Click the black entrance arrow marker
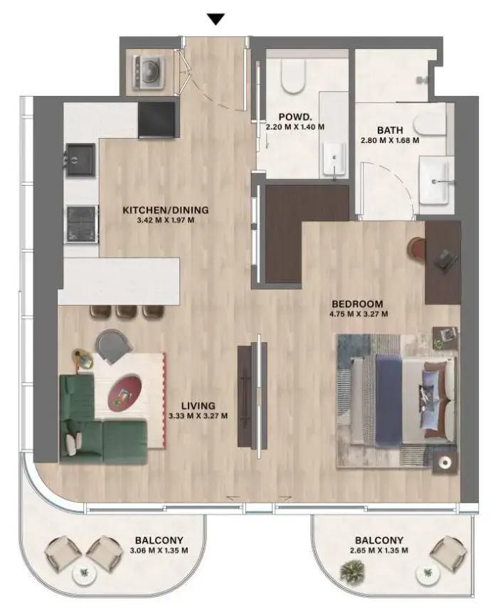point(216,19)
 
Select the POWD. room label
point(293,117)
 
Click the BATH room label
point(391,130)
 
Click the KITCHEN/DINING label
point(166,210)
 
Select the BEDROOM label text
point(357,303)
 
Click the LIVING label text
point(198,406)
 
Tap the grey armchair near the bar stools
point(114,344)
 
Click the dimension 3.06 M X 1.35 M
point(158,551)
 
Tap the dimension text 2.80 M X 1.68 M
point(390,141)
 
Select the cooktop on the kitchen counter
point(81,222)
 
